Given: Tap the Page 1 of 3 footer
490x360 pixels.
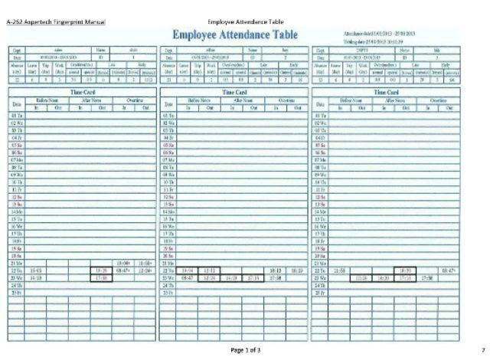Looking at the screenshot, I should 245,349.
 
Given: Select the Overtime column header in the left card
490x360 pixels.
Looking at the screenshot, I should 136,100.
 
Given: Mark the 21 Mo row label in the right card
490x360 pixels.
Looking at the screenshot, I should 322,263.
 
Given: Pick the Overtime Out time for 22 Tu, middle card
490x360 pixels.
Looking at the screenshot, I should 296,270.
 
